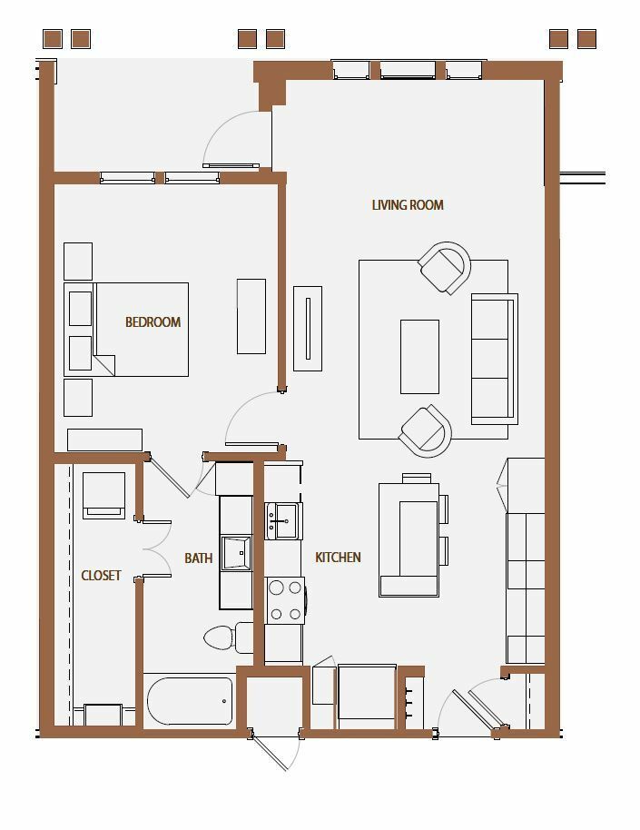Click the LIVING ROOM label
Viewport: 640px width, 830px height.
[x=408, y=205]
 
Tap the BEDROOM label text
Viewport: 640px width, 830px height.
[x=153, y=321]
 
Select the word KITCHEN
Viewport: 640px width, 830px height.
[x=338, y=557]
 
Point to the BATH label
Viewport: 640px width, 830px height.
[x=199, y=558]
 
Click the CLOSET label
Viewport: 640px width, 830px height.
[x=101, y=576]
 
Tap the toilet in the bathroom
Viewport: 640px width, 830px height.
[x=229, y=637]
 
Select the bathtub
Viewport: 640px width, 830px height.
[x=190, y=701]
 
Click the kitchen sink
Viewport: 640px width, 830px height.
[x=284, y=521]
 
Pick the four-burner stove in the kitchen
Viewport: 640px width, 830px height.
[x=286, y=600]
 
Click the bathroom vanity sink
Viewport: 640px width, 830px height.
[x=236, y=553]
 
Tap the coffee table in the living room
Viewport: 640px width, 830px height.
[x=419, y=357]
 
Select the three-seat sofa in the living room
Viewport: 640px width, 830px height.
[x=495, y=359]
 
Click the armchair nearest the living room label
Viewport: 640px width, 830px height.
[x=445, y=268]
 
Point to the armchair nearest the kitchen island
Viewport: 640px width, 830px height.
[x=426, y=431]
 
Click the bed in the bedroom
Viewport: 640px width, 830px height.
[x=126, y=330]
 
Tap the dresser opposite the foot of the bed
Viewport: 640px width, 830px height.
[x=251, y=317]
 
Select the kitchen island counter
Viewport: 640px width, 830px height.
[x=409, y=540]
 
